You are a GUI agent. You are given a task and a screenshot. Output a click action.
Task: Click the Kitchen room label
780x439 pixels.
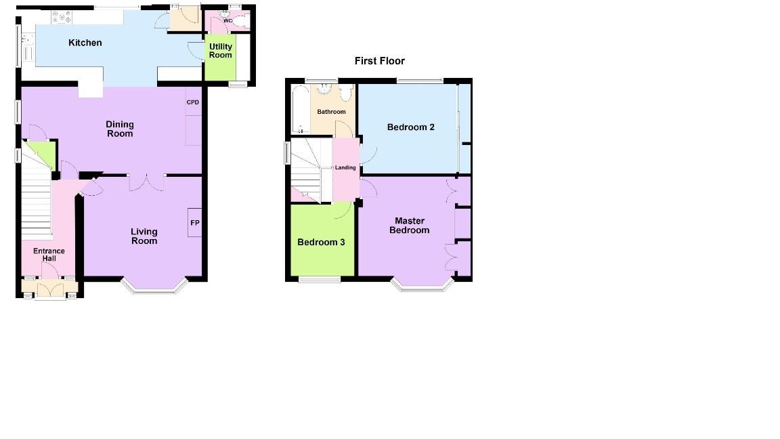click(85, 43)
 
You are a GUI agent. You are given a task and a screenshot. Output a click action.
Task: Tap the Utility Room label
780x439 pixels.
click(221, 51)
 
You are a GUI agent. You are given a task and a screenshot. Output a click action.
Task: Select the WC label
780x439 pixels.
click(227, 21)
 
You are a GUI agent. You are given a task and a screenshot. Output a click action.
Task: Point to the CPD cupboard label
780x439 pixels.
click(193, 102)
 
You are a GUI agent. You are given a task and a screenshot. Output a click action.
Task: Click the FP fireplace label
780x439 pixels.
click(194, 223)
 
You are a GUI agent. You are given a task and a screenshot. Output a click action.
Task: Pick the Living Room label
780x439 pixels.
click(144, 236)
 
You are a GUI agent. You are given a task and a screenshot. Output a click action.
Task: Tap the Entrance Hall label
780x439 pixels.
click(49, 255)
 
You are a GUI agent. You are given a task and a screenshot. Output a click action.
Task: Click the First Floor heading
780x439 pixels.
click(379, 61)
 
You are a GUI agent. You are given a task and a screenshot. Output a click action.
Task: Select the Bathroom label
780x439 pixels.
click(332, 112)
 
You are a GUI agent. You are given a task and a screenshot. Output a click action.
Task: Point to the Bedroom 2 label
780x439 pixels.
click(410, 127)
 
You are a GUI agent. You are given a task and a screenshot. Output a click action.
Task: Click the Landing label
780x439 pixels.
click(345, 168)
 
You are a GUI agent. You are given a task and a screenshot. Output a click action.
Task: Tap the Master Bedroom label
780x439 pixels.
click(410, 226)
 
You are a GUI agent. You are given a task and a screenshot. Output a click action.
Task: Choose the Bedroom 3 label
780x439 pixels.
click(322, 242)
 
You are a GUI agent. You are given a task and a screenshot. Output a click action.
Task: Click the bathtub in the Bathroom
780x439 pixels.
click(300, 110)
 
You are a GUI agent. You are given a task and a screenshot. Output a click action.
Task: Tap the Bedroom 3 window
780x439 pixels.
click(320, 279)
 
